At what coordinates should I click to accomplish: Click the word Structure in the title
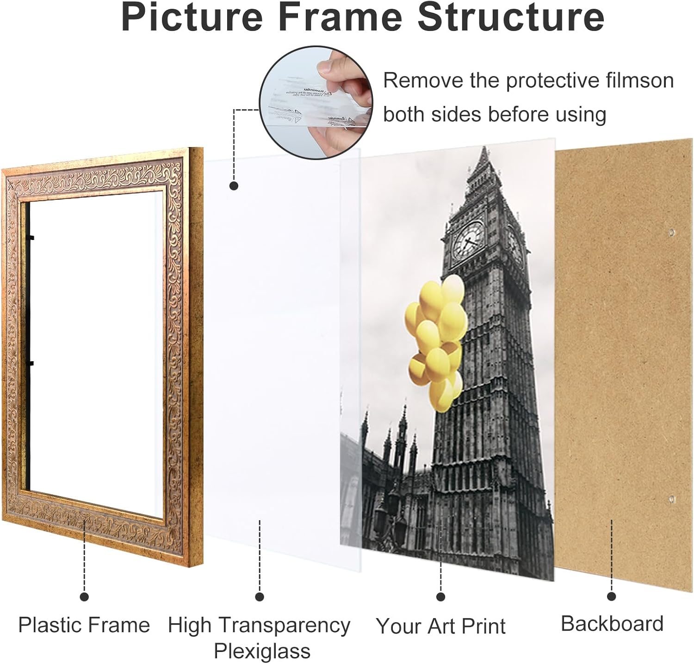(x=511, y=17)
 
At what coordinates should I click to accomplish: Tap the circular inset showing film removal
(x=316, y=102)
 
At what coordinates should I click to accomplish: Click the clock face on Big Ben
(x=468, y=240)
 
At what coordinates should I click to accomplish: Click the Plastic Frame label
(x=84, y=625)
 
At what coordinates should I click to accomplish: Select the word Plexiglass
(x=262, y=651)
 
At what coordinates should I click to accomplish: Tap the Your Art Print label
(x=440, y=626)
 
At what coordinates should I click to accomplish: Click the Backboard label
(x=612, y=624)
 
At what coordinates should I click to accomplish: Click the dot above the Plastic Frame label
(x=84, y=597)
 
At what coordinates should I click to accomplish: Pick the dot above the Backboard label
(x=612, y=596)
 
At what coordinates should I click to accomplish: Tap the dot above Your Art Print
(x=440, y=597)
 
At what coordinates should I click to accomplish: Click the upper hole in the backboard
(x=670, y=231)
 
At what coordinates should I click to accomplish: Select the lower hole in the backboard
(x=670, y=499)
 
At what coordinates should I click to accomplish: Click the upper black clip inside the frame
(x=31, y=238)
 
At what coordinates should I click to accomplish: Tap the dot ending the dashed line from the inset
(x=234, y=186)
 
